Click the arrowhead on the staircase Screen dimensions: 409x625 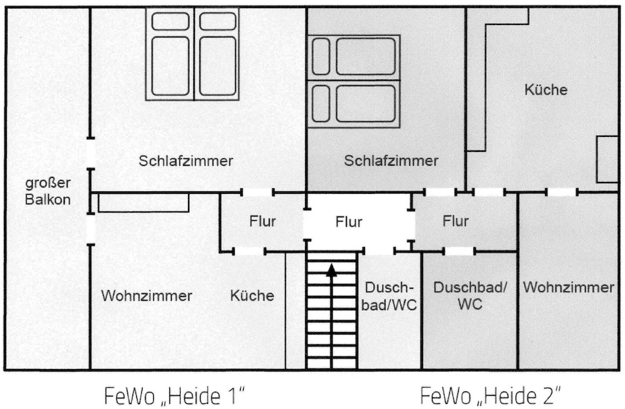pos(332,270)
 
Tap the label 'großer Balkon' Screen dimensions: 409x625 pos(47,191)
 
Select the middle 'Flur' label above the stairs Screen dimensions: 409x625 pos(349,221)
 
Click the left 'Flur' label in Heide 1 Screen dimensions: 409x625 pos(262,221)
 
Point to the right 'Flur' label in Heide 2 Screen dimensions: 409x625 pos(455,221)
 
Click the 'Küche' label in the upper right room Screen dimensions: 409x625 pos(546,89)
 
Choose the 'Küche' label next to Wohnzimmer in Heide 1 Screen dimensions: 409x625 pos(252,295)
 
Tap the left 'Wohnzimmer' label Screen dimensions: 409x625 pos(147,295)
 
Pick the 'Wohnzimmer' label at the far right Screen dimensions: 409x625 pos(568,288)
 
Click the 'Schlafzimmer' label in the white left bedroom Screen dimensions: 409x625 pos(186,161)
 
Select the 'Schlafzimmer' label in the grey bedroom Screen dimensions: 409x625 pos(391,161)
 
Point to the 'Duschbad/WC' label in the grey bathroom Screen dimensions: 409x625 pos(470,296)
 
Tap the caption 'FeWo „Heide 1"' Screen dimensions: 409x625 pos(174,396)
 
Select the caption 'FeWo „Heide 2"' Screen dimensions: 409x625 pos(491,396)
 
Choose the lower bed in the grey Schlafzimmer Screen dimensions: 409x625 pos(355,103)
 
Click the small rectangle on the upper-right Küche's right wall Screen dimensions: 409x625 pos(606,159)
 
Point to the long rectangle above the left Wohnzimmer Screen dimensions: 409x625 pos(144,203)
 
